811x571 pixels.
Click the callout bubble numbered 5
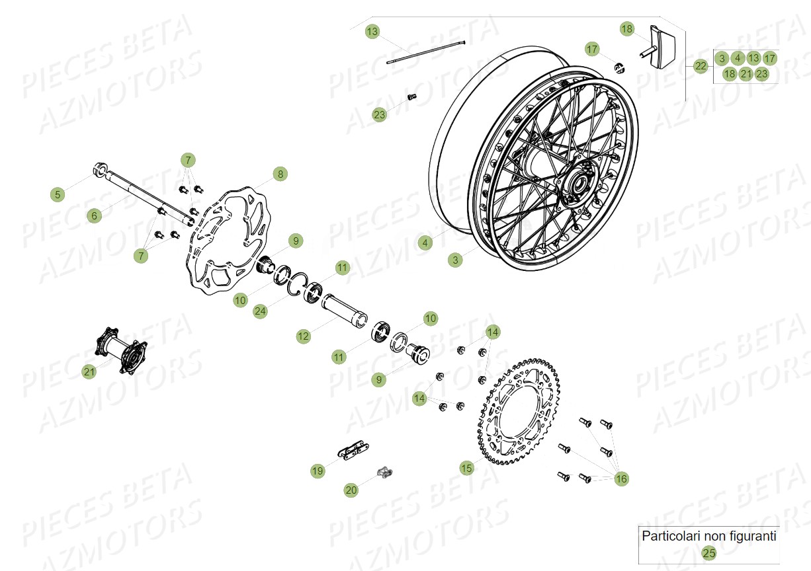click(58, 194)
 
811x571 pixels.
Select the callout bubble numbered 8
click(280, 174)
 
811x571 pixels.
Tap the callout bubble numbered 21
click(89, 372)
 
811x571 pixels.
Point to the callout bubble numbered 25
click(709, 553)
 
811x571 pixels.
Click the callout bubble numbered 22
click(701, 65)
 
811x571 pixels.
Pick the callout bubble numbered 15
click(467, 468)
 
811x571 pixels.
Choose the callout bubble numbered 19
click(318, 471)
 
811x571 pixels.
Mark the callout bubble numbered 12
click(303, 336)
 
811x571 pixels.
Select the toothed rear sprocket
click(519, 410)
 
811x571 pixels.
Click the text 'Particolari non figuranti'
click(709, 536)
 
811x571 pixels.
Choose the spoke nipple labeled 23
click(411, 97)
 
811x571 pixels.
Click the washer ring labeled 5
click(101, 169)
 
